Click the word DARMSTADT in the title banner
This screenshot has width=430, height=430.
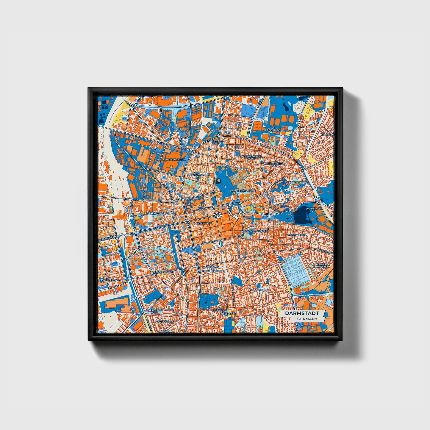click(x=302, y=313)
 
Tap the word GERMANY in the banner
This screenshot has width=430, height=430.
click(x=307, y=319)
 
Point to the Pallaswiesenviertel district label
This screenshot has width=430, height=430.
click(x=171, y=160)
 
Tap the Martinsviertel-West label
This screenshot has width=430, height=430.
click(x=251, y=157)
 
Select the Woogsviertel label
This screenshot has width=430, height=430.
click(x=297, y=235)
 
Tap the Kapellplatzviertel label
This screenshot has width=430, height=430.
click(x=254, y=231)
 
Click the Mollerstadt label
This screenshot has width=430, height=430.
click(x=203, y=223)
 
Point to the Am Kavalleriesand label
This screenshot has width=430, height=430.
click(x=106, y=279)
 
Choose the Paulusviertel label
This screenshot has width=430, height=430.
click(x=259, y=290)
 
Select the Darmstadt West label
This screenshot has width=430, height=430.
click(x=154, y=311)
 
